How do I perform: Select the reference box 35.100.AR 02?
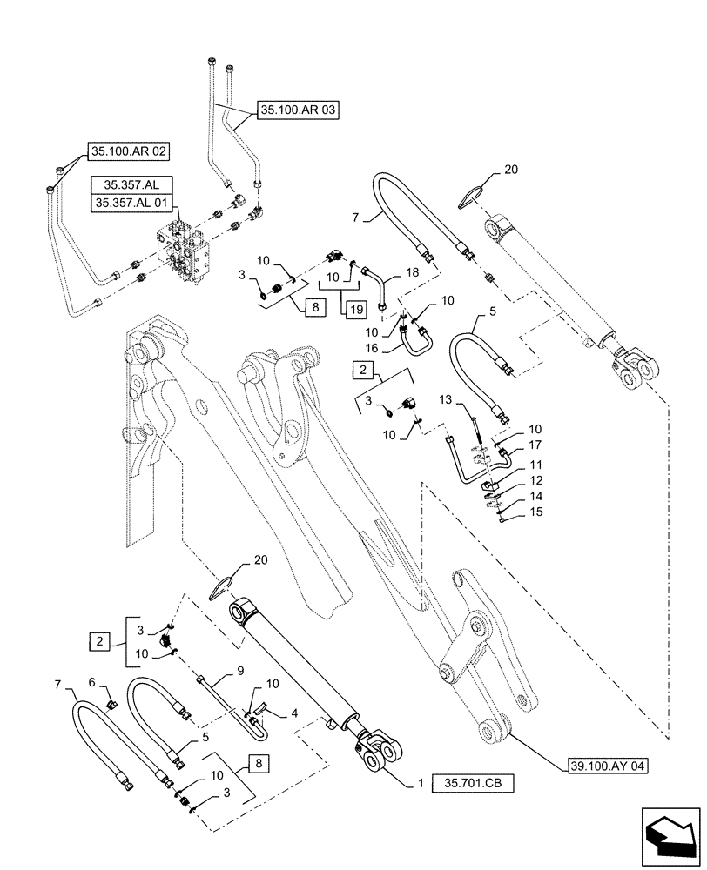coord(128,150)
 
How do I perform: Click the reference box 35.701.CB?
coord(475,784)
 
